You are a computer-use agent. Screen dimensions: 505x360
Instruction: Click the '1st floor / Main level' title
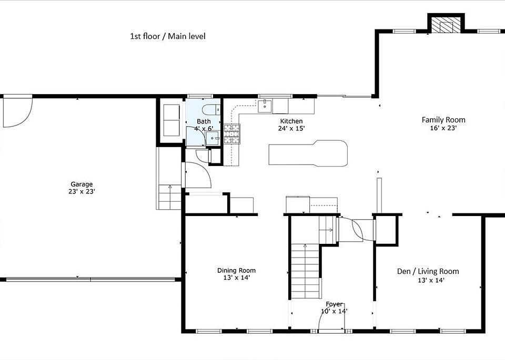167,36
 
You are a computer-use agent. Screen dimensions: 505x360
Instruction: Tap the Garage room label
82,184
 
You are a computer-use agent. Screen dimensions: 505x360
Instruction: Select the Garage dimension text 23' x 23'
82,191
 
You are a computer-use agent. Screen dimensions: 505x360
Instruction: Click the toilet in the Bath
211,110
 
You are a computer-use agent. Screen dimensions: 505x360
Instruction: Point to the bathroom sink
213,138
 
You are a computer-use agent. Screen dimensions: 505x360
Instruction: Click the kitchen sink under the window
265,106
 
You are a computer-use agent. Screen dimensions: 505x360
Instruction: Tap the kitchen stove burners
232,133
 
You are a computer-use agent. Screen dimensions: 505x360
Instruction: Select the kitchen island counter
308,153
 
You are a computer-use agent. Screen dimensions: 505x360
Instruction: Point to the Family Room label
443,120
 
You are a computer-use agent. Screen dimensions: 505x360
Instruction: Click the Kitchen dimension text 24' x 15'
291,128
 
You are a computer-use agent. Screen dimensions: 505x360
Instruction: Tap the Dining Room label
236,271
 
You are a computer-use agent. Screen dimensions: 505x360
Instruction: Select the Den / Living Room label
428,271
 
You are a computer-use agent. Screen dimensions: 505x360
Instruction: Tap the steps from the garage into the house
170,197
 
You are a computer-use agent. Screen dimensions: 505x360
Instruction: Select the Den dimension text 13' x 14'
431,280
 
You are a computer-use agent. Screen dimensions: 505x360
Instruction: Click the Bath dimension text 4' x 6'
204,129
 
